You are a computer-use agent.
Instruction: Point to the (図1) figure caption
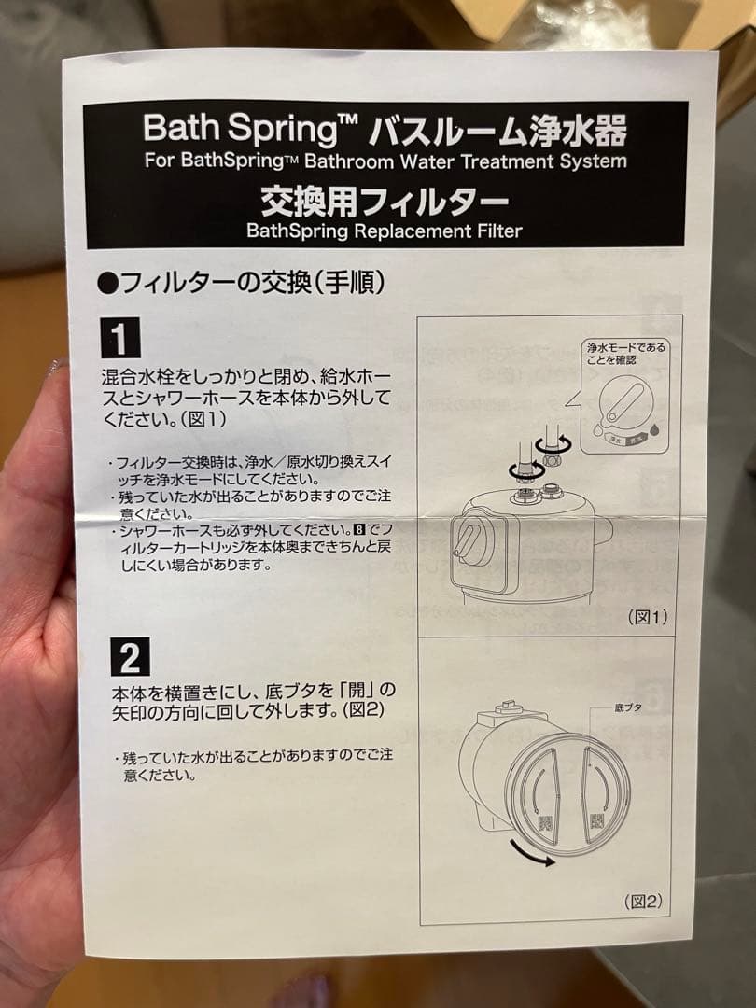click(648, 617)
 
